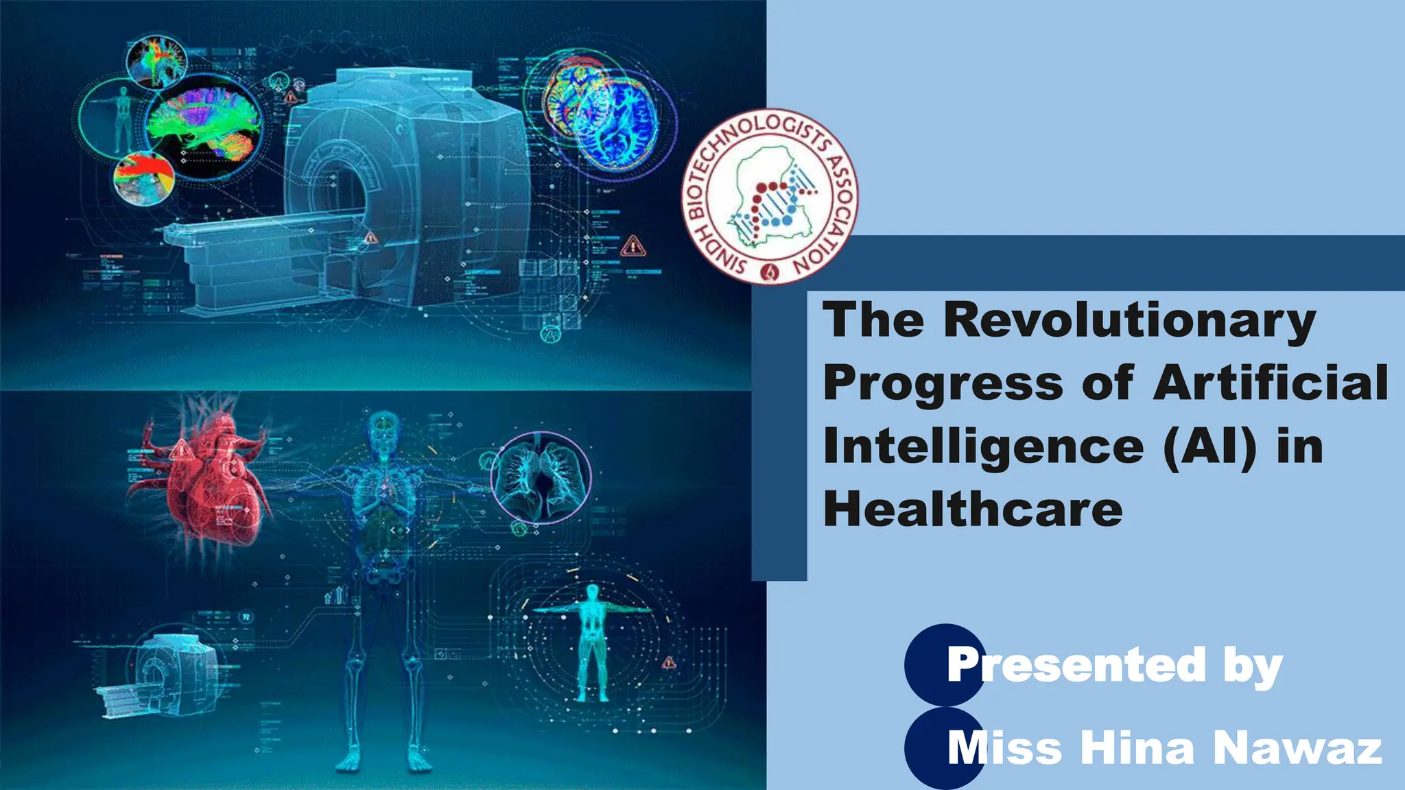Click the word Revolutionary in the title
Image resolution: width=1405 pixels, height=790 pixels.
(x=1129, y=321)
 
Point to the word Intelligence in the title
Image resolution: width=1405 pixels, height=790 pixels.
(x=983, y=447)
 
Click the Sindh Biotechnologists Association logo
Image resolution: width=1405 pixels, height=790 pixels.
(x=770, y=197)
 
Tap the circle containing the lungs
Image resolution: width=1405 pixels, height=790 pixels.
(x=541, y=478)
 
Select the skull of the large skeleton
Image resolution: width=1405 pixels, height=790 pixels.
(x=384, y=429)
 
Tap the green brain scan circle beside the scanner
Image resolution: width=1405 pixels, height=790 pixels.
(x=203, y=125)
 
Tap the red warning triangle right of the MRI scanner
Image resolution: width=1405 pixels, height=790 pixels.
(x=633, y=246)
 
